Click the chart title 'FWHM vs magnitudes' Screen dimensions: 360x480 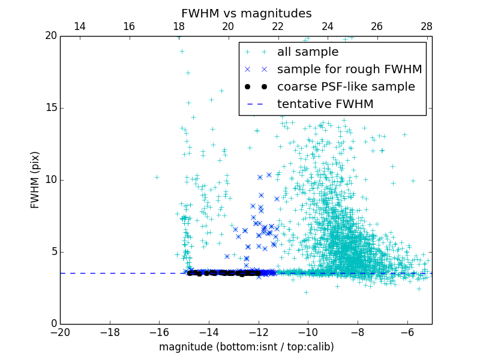pyautogui.click(x=246, y=13)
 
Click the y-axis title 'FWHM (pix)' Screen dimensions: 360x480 pyautogui.click(x=35, y=180)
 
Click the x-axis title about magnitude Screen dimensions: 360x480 pyautogui.click(x=246, y=347)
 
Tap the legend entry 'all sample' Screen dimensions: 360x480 pyautogui.click(x=308, y=52)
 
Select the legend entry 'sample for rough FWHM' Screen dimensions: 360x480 pyautogui.click(x=349, y=70)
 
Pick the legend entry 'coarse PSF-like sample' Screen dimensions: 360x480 pyautogui.click(x=346, y=87)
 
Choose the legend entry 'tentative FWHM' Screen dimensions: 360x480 pyautogui.click(x=325, y=104)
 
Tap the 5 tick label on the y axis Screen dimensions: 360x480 pyautogui.click(x=53, y=252)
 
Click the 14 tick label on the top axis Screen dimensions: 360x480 pyautogui.click(x=79, y=26)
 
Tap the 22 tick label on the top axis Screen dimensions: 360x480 pyautogui.click(x=277, y=26)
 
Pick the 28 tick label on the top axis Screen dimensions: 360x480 pyautogui.click(x=427, y=26)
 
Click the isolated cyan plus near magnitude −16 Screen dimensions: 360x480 pyautogui.click(x=157, y=177)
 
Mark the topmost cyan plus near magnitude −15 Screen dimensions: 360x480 pyautogui.click(x=182, y=51)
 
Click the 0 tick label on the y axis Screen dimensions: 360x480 pyautogui.click(x=53, y=324)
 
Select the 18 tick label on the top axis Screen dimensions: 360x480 pyautogui.click(x=178, y=26)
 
